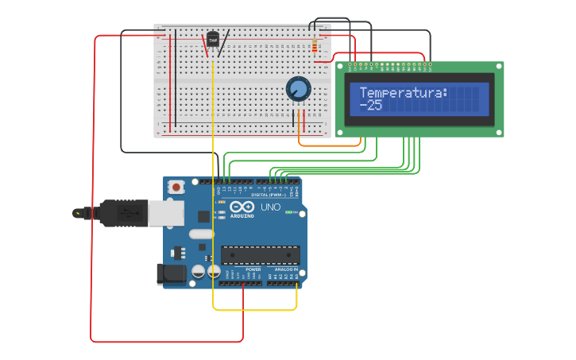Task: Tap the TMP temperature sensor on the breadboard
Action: [212, 39]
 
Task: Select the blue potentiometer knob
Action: [298, 89]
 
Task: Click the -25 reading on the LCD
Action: [371, 105]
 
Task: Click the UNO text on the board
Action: [271, 207]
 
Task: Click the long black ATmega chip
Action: [260, 255]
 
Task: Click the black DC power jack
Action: [171, 274]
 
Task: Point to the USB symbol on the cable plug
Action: [125, 213]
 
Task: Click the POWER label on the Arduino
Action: [253, 269]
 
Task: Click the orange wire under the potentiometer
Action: [314, 145]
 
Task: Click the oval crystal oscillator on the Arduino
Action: [201, 234]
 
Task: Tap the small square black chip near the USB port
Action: [203, 215]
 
